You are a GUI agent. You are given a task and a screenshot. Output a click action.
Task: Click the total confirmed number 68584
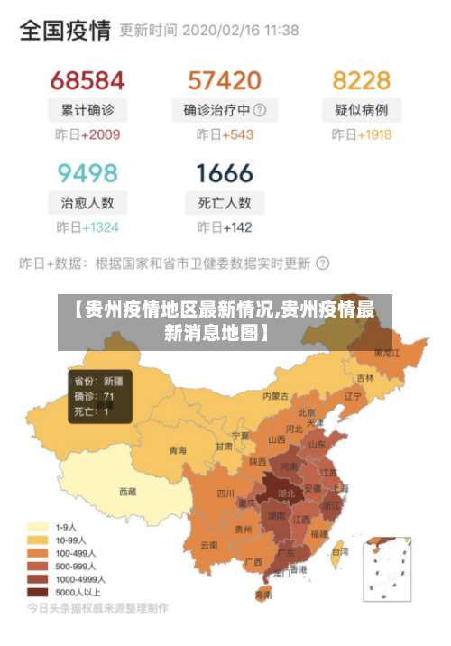pyautogui.click(x=87, y=80)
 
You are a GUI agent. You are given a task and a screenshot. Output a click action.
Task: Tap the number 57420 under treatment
pyautogui.click(x=225, y=80)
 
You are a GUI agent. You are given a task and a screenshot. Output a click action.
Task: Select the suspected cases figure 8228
pyautogui.click(x=362, y=80)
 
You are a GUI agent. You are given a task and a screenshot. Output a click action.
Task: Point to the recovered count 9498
pyautogui.click(x=87, y=172)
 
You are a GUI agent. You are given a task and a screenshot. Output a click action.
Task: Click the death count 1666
pyautogui.click(x=225, y=172)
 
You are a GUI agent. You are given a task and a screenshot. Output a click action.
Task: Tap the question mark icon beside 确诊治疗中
pyautogui.click(x=260, y=110)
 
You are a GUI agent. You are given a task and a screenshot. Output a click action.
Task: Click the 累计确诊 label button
pyautogui.click(x=87, y=111)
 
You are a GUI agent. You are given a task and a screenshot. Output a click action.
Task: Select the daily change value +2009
pyautogui.click(x=100, y=135)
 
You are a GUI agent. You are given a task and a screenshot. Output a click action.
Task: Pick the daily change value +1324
pyautogui.click(x=100, y=227)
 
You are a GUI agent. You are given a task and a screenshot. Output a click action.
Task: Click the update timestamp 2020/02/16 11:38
pyautogui.click(x=241, y=31)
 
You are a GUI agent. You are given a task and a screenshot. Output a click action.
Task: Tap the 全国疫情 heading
pyautogui.click(x=65, y=31)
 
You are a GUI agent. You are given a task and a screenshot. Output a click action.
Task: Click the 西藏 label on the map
pyautogui.click(x=128, y=492)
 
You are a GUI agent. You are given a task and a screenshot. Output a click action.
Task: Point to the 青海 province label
pyautogui.click(x=179, y=449)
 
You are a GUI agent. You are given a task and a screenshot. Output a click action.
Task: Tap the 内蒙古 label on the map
pyautogui.click(x=275, y=395)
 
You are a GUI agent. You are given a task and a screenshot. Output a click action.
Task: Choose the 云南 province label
pyautogui.click(x=209, y=545)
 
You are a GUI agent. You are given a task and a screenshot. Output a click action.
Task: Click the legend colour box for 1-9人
pyautogui.click(x=37, y=527)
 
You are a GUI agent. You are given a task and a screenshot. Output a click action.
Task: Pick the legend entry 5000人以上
pyautogui.click(x=78, y=592)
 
